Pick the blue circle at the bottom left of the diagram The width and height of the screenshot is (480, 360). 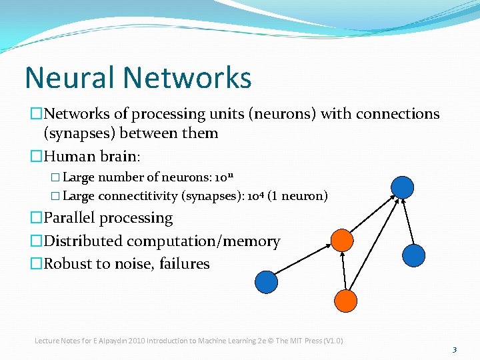267,281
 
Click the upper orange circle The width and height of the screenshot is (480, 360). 342,240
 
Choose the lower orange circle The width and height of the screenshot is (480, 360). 346,301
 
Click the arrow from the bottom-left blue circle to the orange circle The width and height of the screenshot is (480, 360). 304,261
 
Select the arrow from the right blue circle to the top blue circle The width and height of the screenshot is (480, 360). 408,221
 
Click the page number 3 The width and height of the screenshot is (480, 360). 454,349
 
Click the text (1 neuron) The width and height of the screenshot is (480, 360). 298,196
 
